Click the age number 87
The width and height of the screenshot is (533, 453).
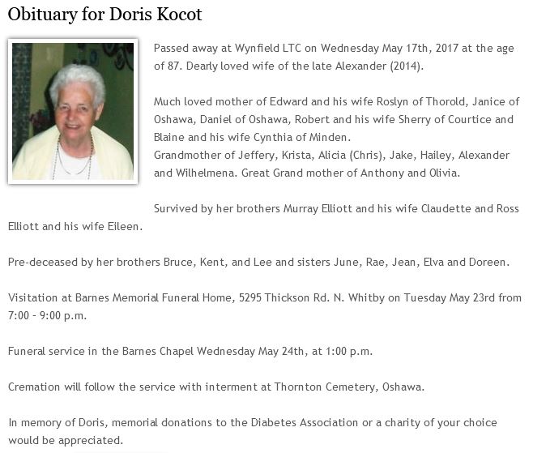(160, 66)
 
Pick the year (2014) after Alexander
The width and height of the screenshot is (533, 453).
(406, 66)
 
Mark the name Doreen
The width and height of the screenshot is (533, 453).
(488, 262)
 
